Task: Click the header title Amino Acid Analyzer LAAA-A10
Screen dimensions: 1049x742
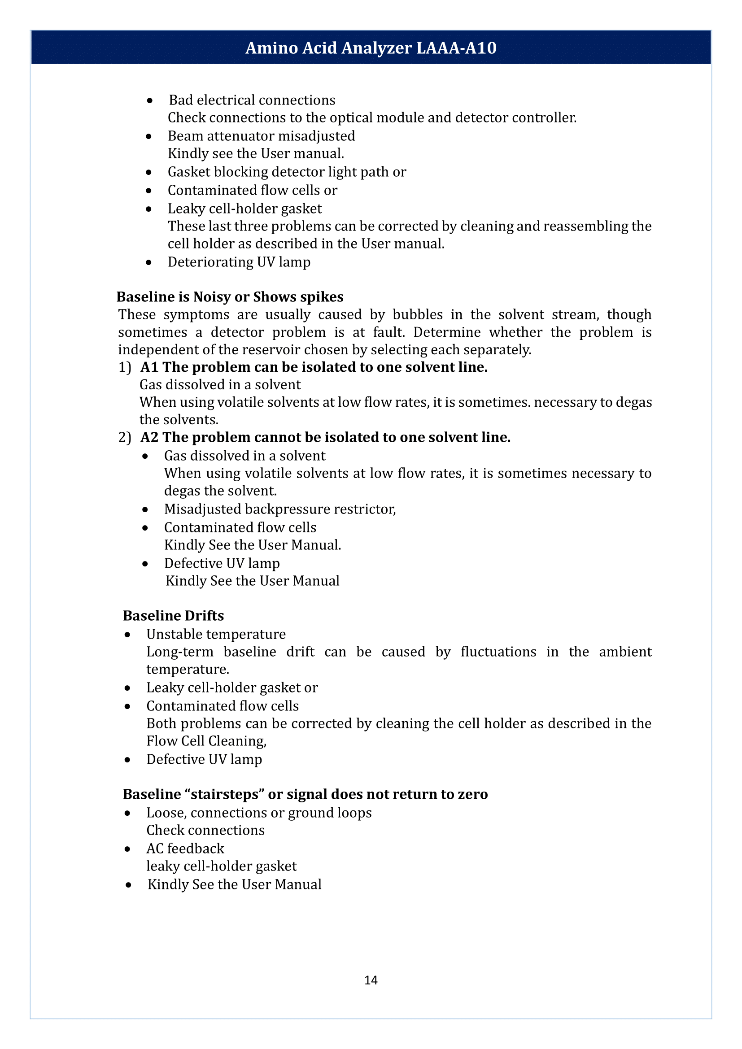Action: coord(371,48)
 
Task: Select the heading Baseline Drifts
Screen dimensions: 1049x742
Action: coord(173,615)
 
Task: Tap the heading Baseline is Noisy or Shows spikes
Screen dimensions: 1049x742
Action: coord(230,297)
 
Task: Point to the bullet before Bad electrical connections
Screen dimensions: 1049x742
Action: coord(149,100)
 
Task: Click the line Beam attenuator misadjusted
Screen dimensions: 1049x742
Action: coord(261,136)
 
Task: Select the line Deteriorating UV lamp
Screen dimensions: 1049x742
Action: coord(239,262)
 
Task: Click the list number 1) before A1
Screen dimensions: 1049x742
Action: coord(125,367)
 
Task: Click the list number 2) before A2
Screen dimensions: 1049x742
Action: coord(125,437)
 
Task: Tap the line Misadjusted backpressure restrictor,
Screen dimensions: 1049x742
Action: coord(279,509)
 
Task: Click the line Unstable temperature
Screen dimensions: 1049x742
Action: coord(216,634)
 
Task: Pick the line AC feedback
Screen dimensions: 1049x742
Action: coord(185,849)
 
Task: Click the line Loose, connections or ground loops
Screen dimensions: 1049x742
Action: coord(258,813)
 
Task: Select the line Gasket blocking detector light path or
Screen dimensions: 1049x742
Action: coord(287,172)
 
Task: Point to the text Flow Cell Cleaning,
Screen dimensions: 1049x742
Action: coord(206,740)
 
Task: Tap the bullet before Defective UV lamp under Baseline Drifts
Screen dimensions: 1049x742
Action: coord(127,760)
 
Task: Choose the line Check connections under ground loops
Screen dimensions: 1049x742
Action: coord(205,830)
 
